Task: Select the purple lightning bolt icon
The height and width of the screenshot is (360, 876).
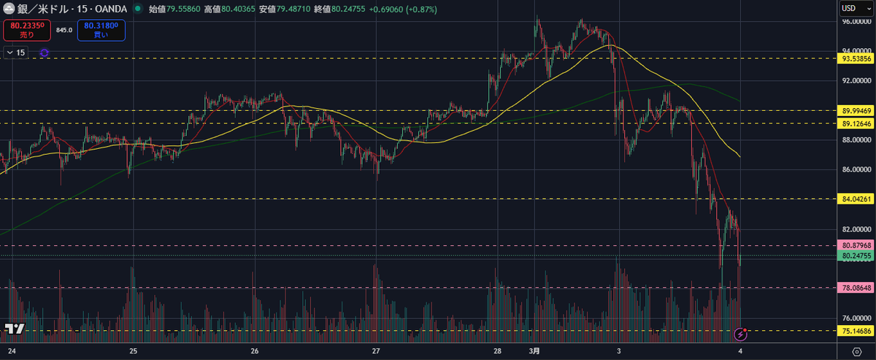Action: [x=740, y=334]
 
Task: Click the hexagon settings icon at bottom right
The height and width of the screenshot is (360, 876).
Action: [x=857, y=351]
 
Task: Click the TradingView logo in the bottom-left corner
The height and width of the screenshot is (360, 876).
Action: [x=15, y=331]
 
